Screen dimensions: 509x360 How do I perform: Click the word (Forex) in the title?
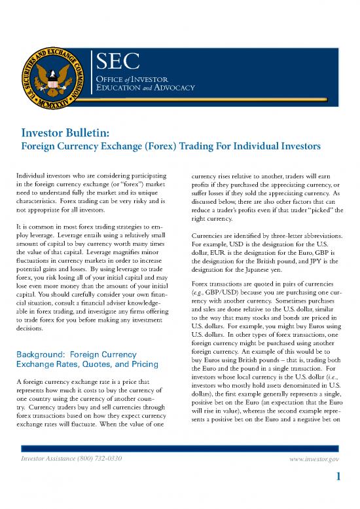(170, 147)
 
